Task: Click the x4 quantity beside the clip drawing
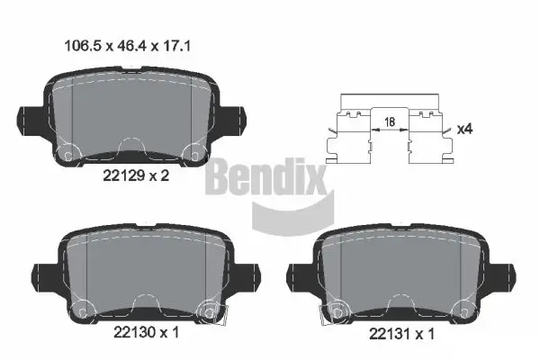[x=464, y=129]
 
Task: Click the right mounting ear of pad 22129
[x=238, y=117]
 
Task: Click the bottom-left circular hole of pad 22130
[x=81, y=311]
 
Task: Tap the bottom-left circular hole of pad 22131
[x=337, y=311]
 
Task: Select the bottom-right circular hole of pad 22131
[x=467, y=311]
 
